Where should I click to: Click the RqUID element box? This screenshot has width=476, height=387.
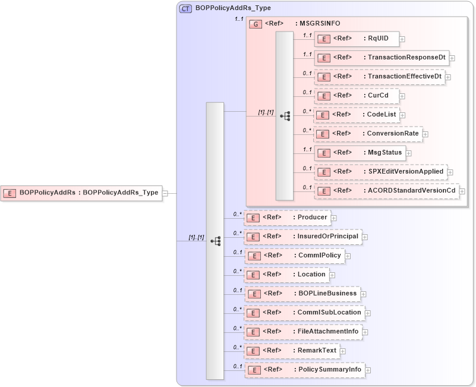357,39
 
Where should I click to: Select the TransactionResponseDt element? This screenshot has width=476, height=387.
382,58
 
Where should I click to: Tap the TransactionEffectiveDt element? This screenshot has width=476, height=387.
379,77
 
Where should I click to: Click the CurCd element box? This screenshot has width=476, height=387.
357,96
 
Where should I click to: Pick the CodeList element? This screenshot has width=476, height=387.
357,115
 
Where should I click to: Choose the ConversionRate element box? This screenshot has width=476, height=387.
368,134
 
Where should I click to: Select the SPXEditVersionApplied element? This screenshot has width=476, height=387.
380,172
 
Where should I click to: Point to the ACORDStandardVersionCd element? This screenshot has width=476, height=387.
386,191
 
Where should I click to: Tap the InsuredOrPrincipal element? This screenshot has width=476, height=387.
303,237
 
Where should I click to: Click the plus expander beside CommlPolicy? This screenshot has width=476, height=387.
348,256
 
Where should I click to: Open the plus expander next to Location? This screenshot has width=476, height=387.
333,275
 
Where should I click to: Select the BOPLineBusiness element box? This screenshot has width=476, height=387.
302,294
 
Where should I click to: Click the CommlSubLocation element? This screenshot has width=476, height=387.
304,313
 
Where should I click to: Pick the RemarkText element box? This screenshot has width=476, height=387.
292,351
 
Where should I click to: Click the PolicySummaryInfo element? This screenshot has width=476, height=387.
304,370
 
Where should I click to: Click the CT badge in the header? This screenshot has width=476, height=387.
185,9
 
